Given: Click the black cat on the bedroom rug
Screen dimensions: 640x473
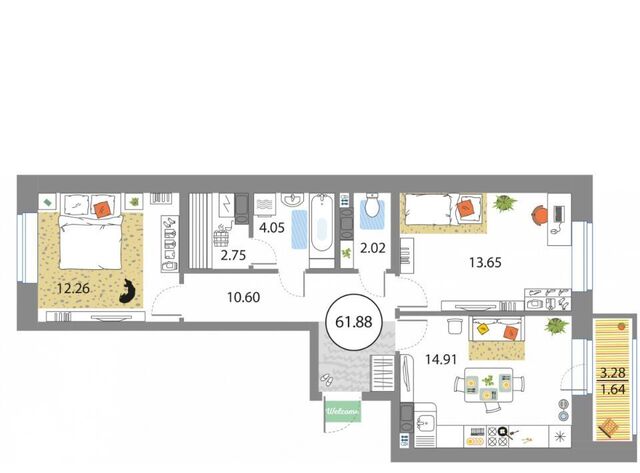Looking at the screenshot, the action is point(128,292).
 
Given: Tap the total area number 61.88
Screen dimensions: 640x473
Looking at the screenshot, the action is point(353,322).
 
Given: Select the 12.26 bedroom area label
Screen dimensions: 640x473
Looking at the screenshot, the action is point(73,289).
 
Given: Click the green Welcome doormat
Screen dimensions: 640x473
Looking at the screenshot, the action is point(343,411).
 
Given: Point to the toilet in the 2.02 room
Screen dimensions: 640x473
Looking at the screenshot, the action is point(372,205).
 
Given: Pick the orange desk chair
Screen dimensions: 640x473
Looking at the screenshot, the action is point(541,215).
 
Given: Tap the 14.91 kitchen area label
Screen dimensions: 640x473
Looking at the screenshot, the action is point(441,360).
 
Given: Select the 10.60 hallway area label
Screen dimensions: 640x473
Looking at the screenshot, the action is point(243,297).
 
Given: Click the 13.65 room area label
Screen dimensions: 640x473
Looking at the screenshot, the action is point(485,262).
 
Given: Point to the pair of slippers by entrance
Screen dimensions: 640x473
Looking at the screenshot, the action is point(327,380).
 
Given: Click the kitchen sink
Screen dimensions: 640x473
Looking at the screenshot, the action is point(425,423).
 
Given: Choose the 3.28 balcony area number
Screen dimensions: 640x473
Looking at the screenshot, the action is point(612,373).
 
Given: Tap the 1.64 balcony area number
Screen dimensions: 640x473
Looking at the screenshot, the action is point(613,389).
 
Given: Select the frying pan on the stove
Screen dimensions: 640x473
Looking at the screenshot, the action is point(506,432).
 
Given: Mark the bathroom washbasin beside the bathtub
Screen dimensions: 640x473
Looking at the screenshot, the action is point(292,200).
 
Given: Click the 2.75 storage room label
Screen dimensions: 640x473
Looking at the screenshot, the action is point(233,255).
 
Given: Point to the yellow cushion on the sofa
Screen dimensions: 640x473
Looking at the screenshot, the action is point(482,329).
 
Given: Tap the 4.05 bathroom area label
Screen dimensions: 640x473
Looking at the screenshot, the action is point(272,227).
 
